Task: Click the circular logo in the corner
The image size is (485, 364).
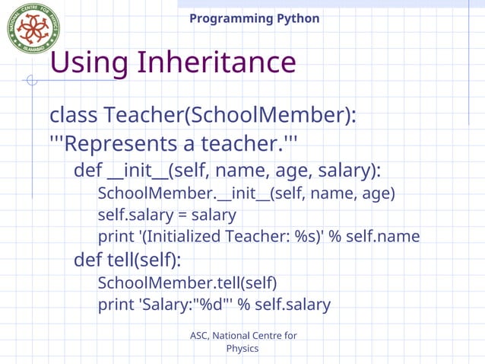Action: pos(33,28)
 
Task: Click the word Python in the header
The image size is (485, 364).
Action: pos(297,18)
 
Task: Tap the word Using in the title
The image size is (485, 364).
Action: pos(87,62)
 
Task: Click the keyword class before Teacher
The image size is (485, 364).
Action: pos(73,116)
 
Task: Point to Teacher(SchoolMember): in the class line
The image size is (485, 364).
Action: pos(231,116)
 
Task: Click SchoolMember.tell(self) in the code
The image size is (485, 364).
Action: pos(187,283)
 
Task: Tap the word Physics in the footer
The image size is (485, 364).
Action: pos(242,349)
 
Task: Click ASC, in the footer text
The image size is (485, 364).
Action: pos(199,336)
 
